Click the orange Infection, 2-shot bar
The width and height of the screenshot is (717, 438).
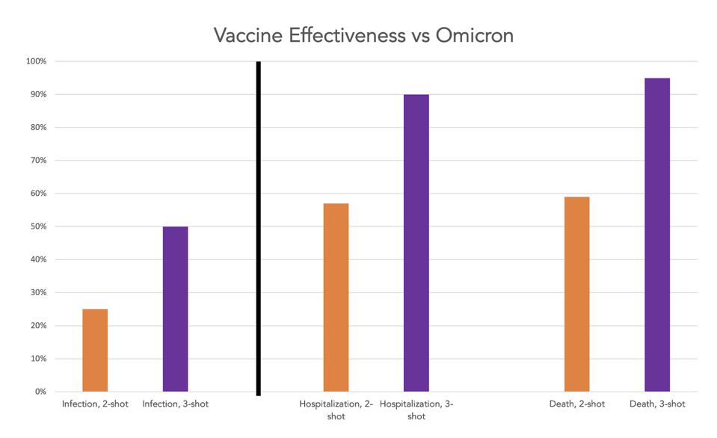pos(95,350)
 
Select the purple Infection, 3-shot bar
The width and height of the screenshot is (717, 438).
pos(175,309)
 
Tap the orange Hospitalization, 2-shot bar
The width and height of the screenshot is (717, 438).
pos(336,297)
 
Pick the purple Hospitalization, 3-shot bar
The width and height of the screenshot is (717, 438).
pos(416,242)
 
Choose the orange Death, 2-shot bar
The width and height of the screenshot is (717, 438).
pos(576,294)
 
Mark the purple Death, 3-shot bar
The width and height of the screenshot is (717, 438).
pos(657,234)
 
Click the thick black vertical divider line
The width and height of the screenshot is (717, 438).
pos(258,228)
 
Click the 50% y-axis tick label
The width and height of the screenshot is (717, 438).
pos(38,226)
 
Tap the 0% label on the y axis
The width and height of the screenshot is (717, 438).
pos(40,392)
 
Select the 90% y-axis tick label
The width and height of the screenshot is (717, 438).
pos(38,94)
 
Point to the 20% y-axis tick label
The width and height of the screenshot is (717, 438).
pos(38,326)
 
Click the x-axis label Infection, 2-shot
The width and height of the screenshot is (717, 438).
pos(95,404)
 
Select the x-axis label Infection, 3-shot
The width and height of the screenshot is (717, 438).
pos(175,404)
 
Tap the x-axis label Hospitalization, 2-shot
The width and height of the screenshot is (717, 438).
pos(336,410)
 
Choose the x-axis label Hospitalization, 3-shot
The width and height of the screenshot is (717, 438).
pos(416,410)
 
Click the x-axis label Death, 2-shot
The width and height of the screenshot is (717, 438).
pos(576,404)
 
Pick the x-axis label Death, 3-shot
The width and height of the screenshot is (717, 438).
pos(657,404)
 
